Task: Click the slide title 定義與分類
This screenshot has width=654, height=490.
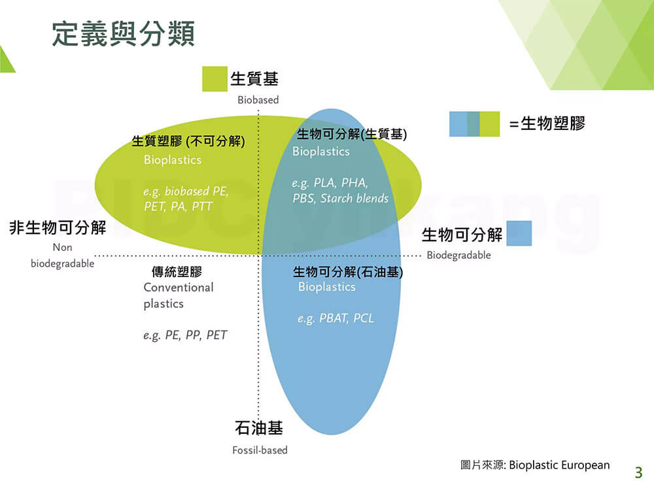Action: point(123,33)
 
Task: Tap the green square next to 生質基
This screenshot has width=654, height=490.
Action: point(215,79)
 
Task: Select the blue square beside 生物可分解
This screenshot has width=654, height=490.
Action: point(519,233)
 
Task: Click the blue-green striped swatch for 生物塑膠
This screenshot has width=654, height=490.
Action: point(474,123)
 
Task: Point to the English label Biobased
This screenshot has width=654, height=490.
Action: point(258,100)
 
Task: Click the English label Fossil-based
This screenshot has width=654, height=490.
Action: point(260,450)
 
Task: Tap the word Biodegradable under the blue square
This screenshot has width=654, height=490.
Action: point(459,255)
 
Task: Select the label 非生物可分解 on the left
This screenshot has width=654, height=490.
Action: point(58,228)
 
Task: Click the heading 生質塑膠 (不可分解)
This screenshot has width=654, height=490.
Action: point(188,141)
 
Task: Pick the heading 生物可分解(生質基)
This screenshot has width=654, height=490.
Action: point(352,134)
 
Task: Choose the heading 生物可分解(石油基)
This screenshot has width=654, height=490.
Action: point(348,272)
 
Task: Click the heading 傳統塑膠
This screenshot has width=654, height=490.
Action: point(177,272)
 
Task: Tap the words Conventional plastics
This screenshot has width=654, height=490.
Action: point(179,295)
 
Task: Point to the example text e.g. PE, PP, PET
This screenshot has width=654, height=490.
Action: point(185,335)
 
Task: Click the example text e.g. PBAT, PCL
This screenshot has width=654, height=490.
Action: point(336,319)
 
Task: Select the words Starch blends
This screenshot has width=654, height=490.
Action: point(354,199)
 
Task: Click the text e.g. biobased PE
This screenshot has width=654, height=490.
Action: point(186,191)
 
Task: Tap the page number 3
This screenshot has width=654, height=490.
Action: point(638,472)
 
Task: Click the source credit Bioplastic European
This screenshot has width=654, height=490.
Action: point(559,465)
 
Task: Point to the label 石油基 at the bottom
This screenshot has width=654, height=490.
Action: point(258,428)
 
